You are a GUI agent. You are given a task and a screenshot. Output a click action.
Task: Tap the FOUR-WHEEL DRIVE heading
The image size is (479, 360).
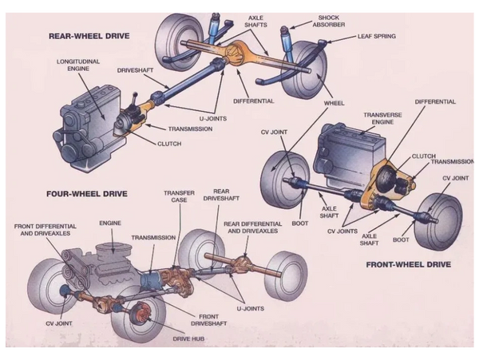pos(87,193)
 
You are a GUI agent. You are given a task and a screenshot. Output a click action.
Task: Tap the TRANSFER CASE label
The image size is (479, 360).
pos(179,196)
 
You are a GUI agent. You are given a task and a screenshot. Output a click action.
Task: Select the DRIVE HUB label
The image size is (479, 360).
pos(190,338)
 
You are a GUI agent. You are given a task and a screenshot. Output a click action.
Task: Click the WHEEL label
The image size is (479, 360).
pos(333,104)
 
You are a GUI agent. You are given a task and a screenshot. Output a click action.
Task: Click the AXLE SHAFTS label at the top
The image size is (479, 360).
pos(257,22)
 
